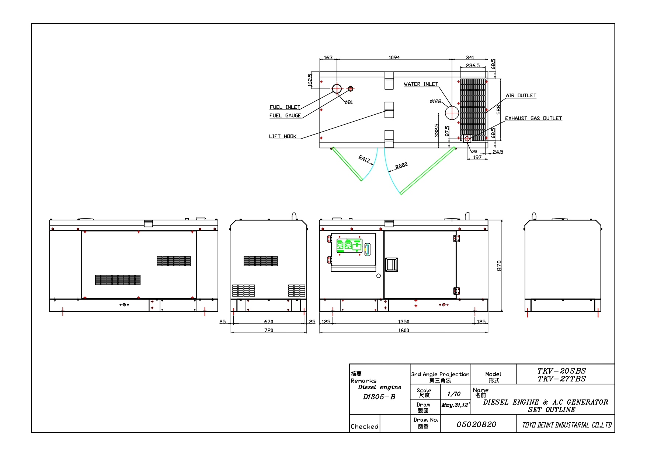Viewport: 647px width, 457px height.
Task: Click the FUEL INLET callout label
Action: (x=285, y=107)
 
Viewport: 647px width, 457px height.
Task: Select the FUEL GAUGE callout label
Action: (x=285, y=116)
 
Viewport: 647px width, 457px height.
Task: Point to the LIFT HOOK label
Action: (x=283, y=136)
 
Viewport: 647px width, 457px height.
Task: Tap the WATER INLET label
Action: (x=421, y=84)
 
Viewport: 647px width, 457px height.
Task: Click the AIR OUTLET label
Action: (x=521, y=95)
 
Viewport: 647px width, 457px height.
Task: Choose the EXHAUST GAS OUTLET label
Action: (x=533, y=118)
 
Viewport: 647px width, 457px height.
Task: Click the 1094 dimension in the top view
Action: (x=394, y=57)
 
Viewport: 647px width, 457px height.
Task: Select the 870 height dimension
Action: (x=499, y=266)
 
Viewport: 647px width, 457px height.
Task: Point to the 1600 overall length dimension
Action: (x=404, y=330)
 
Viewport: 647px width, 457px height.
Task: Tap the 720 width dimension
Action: (x=269, y=330)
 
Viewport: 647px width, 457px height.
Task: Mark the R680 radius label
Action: (x=401, y=165)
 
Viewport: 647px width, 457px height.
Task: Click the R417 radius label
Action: (x=364, y=159)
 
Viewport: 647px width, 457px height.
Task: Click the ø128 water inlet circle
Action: (x=452, y=113)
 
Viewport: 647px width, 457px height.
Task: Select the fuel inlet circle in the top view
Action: (x=337, y=89)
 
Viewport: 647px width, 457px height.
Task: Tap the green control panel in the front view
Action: (x=348, y=246)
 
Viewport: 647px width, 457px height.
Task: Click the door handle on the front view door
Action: (x=392, y=265)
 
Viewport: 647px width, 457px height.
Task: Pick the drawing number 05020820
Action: (x=476, y=425)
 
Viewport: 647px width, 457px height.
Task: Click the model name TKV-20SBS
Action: (x=561, y=371)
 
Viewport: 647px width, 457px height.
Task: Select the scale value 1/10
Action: (x=454, y=394)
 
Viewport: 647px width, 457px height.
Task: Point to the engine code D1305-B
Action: (x=379, y=397)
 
